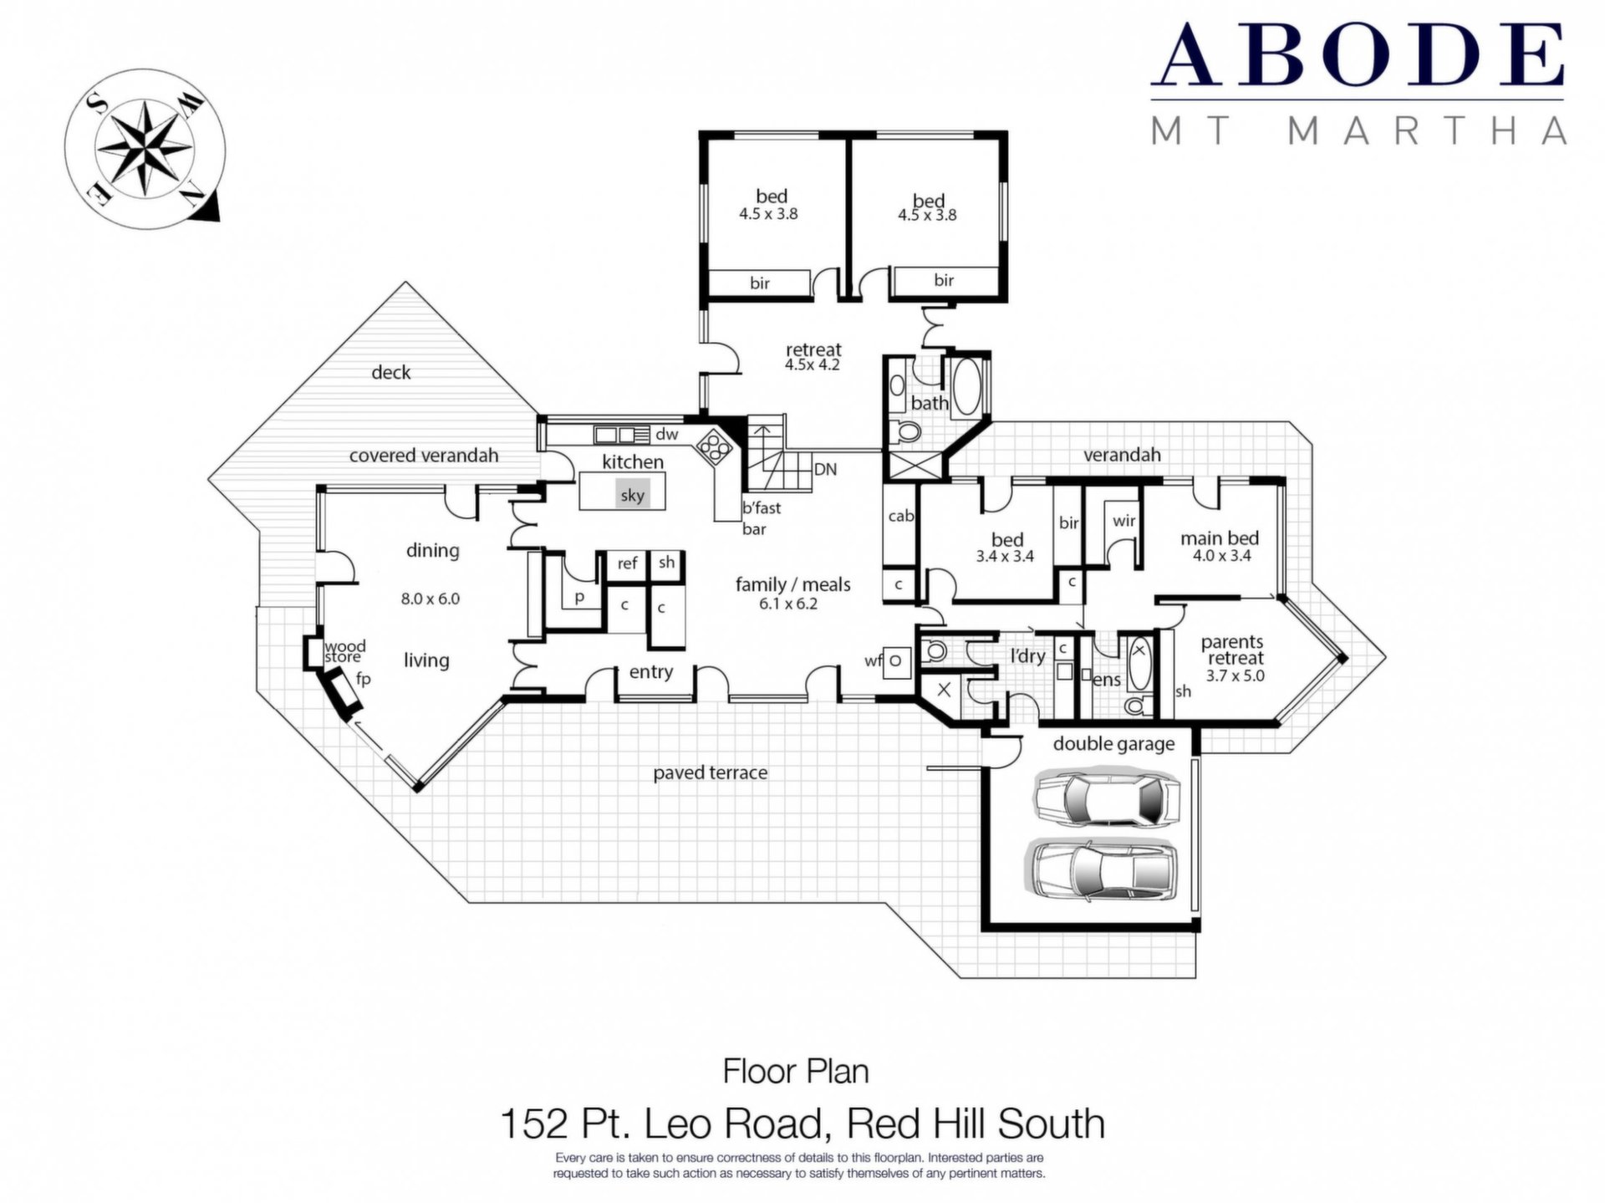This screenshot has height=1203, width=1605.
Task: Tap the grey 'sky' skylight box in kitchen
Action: [632, 494]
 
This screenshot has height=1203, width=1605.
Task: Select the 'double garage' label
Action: [1113, 744]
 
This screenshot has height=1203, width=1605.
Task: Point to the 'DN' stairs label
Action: [825, 469]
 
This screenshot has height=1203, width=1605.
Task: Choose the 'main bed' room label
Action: [1219, 538]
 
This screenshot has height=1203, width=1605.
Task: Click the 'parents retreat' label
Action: [1232, 650]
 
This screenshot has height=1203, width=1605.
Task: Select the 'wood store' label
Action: [344, 651]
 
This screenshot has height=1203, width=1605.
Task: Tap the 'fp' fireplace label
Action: [363, 679]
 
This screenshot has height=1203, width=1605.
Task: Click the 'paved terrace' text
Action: [710, 773]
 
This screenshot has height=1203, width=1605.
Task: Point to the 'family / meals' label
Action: [792, 584]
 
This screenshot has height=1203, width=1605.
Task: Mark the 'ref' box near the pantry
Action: [627, 563]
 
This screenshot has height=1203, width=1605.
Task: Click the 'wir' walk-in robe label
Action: [1123, 521]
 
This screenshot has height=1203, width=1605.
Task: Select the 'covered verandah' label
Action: [423, 456]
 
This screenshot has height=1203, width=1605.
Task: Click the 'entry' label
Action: [650, 671]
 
